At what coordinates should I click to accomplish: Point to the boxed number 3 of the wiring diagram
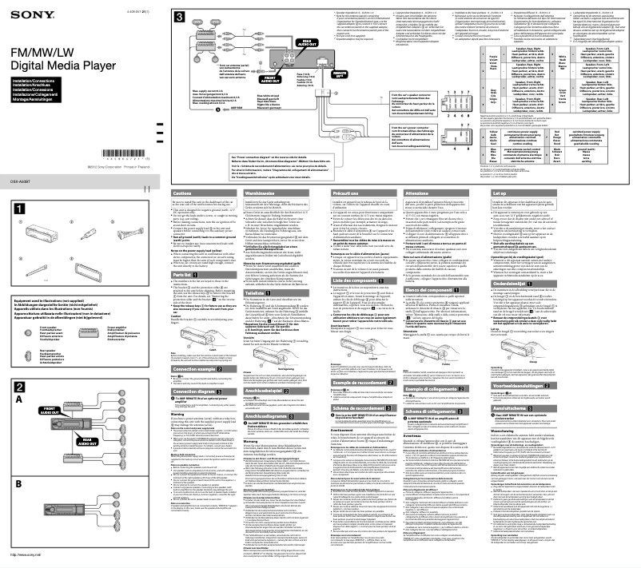tap(181, 16)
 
